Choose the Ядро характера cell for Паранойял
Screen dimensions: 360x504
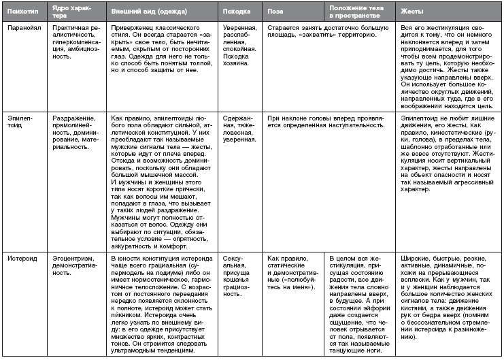point(75,42)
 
